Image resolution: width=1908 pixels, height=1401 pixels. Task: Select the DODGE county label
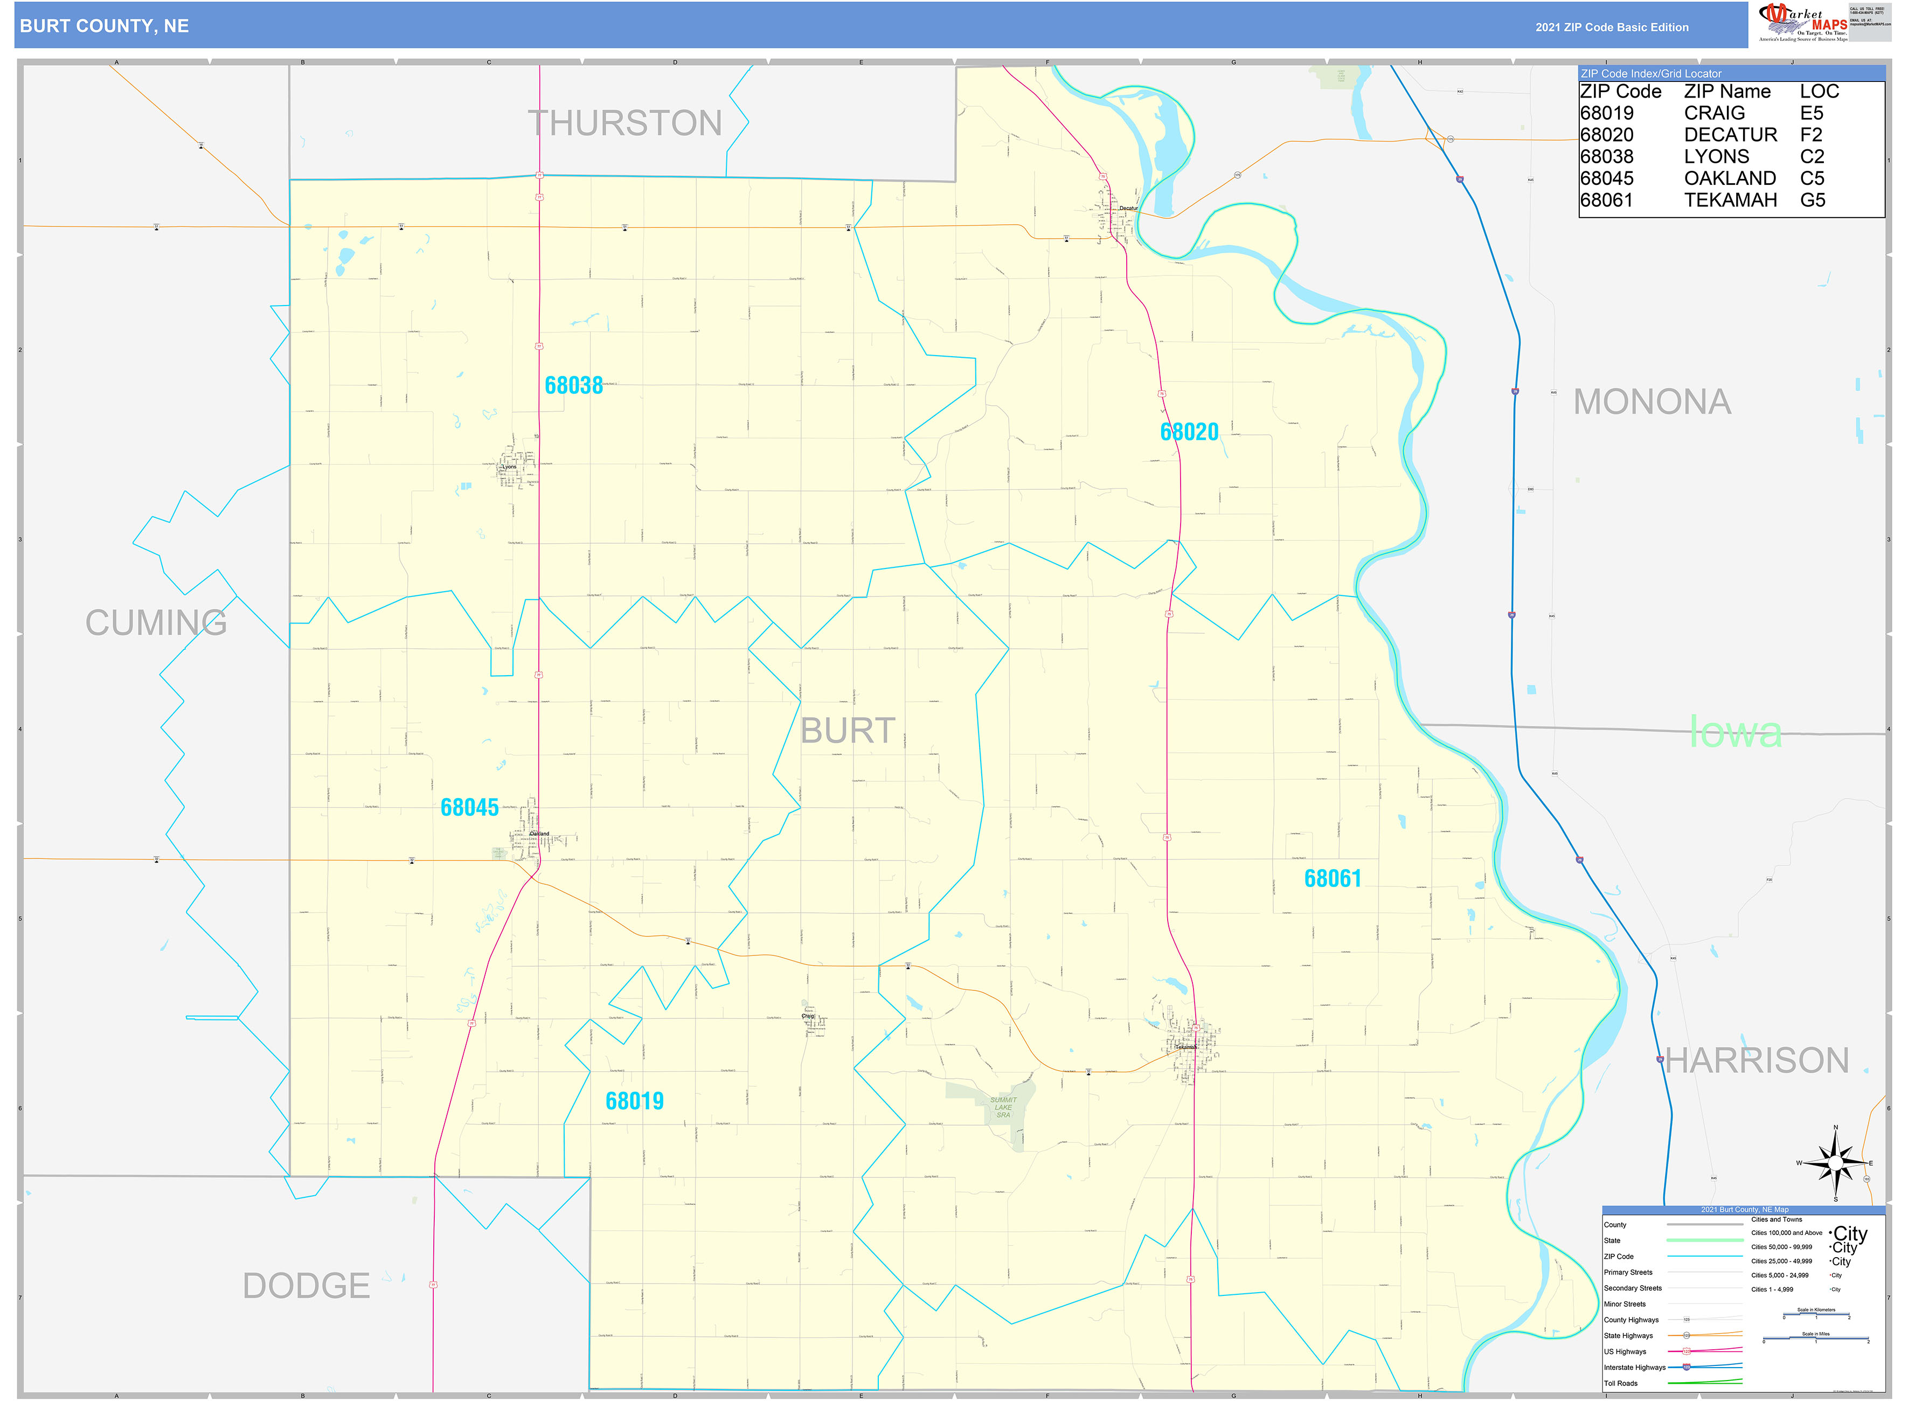click(x=306, y=1286)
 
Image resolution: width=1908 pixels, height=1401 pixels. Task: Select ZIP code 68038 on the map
click(x=573, y=386)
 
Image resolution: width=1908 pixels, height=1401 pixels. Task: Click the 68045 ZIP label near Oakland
click(x=469, y=807)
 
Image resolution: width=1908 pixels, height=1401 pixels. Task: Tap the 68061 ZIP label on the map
click(x=1331, y=879)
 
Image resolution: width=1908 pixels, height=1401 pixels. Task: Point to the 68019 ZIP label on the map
click(x=634, y=1101)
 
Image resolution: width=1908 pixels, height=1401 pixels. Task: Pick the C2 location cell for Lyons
click(x=1812, y=157)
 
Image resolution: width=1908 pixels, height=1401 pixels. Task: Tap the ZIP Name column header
click(x=1726, y=92)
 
